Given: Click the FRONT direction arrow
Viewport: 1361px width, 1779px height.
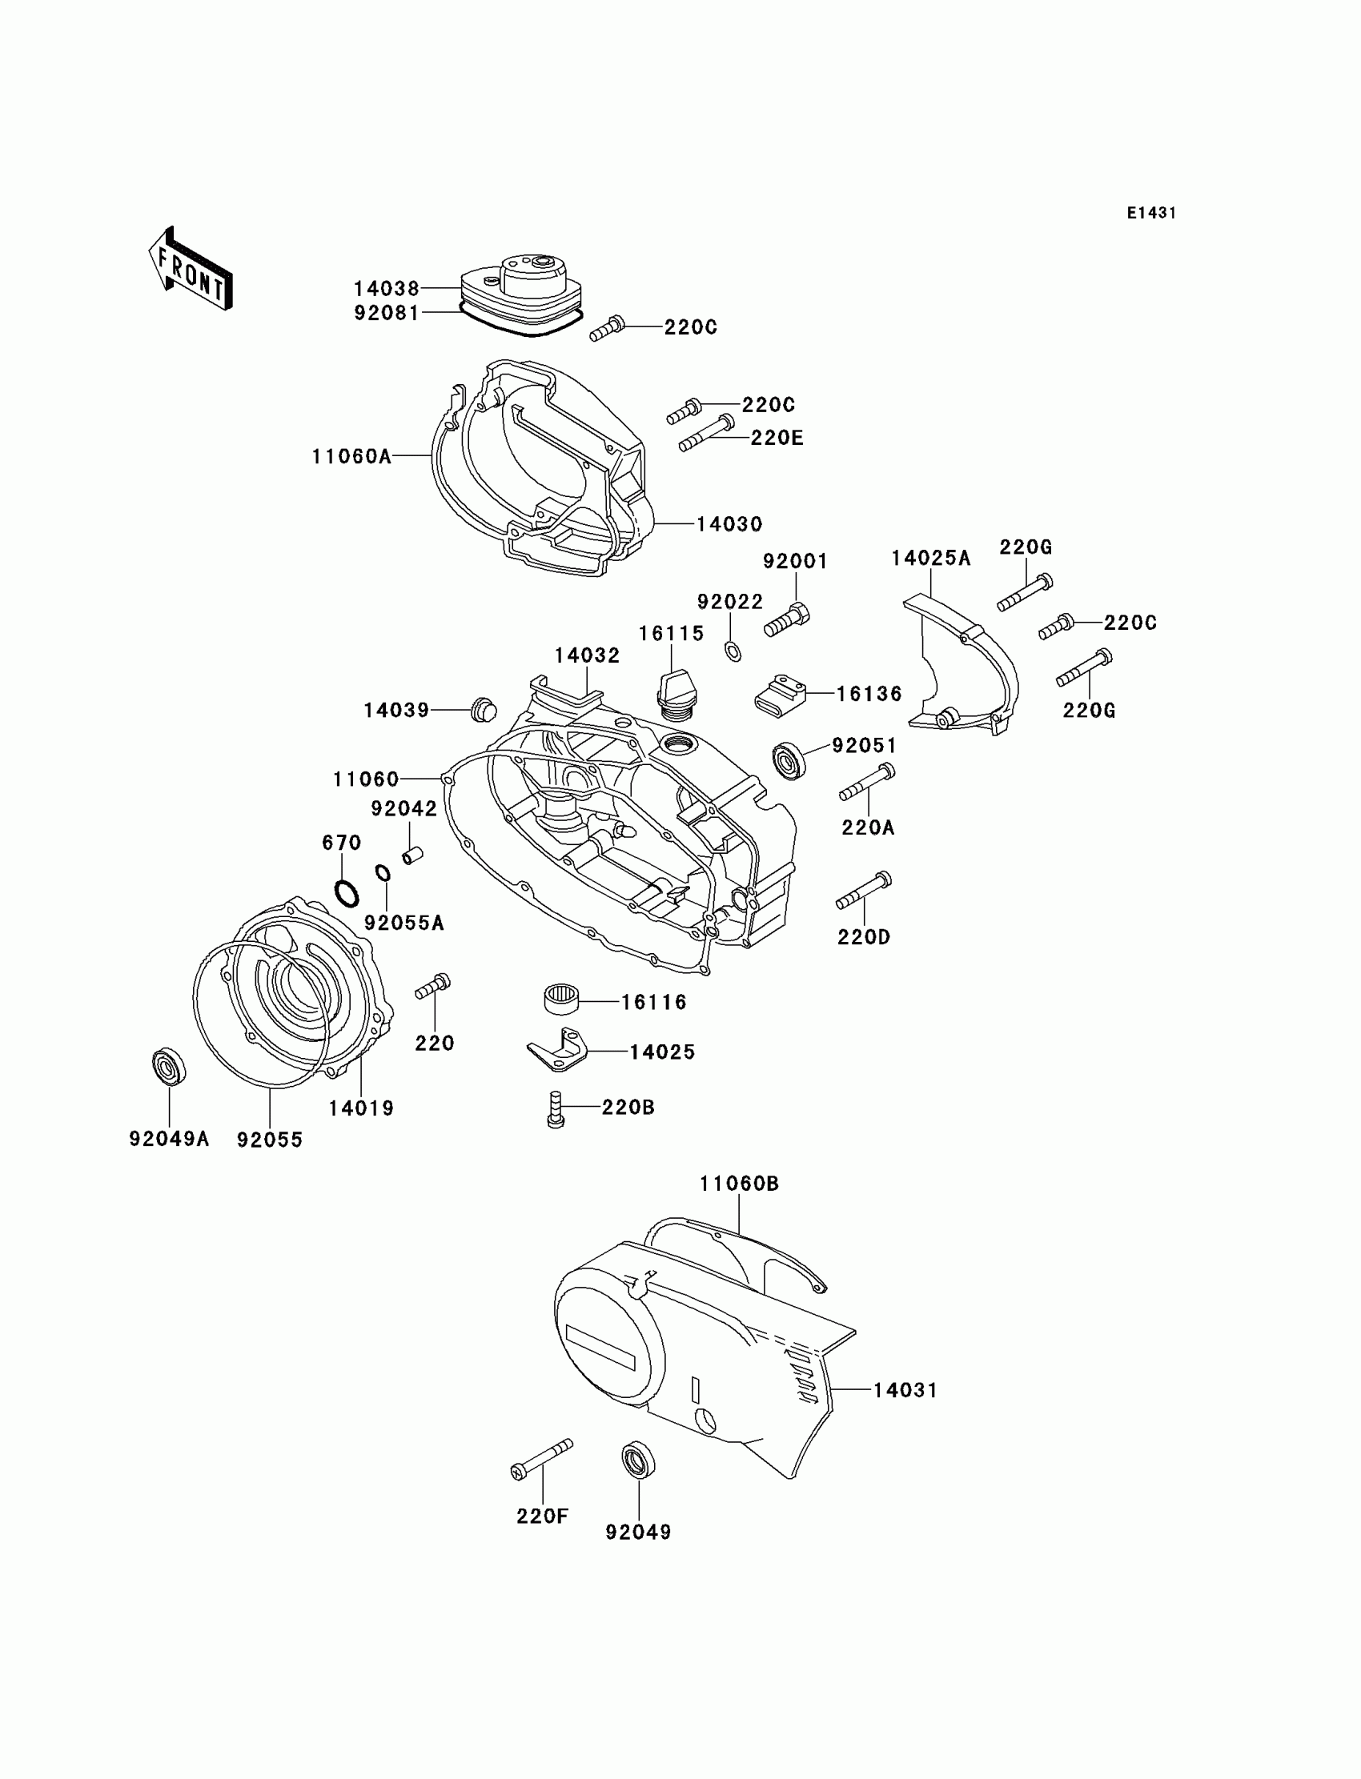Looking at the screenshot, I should coord(191,269).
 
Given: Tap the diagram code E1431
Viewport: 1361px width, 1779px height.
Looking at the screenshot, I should coord(1151,213).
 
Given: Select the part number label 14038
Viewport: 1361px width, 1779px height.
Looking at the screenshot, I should coord(387,288).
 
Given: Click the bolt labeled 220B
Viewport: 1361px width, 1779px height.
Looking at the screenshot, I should coord(555,1108).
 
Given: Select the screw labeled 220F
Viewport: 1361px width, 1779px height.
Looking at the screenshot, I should coord(542,1459).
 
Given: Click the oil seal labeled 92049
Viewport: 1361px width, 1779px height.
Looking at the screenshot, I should coord(638,1459).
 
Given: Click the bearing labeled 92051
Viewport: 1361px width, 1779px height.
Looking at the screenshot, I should coord(789,759).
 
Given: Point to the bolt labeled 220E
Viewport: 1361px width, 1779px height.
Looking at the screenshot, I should coord(706,433).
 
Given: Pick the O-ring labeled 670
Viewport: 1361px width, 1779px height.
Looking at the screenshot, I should coord(347,893).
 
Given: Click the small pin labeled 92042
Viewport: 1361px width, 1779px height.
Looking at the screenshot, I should coord(413,854).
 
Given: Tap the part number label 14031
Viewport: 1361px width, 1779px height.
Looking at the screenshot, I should coord(905,1390).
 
